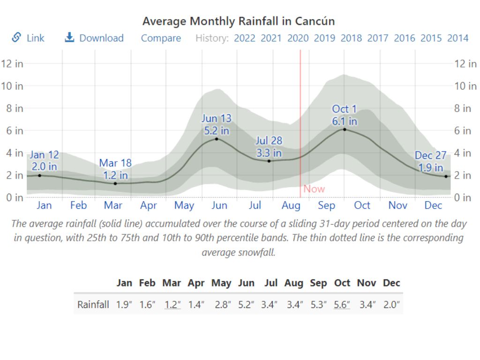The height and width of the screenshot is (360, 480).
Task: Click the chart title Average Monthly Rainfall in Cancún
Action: click(238, 21)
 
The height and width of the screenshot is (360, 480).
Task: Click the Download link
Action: click(94, 38)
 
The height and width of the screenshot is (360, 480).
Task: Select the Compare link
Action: click(161, 38)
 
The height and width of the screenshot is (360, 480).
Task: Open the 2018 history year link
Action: click(351, 38)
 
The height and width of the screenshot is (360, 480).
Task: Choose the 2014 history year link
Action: click(457, 38)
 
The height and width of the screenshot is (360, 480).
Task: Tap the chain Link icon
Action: click(17, 37)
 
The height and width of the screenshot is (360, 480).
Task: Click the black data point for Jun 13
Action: click(217, 139)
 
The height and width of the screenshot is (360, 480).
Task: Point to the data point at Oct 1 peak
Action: click(345, 129)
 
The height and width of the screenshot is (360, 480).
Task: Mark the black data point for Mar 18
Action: click(115, 183)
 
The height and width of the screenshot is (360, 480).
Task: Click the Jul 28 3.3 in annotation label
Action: click(269, 147)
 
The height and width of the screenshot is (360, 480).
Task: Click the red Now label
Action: click(314, 189)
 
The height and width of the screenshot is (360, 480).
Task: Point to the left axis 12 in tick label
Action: click(12, 64)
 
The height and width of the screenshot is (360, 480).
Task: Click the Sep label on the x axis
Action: click(327, 205)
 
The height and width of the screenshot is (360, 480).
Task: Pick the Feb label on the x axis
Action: click(78, 205)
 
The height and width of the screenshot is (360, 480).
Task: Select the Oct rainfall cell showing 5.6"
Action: click(342, 305)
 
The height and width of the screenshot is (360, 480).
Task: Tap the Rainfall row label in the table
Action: click(93, 305)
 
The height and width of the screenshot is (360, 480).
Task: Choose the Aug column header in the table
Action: click(294, 283)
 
